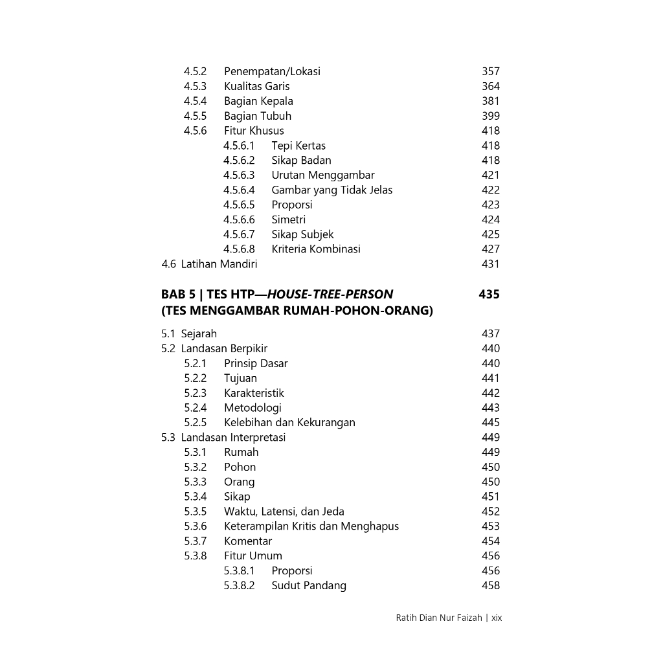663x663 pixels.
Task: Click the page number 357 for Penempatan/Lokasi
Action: click(x=490, y=71)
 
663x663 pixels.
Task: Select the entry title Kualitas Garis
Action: click(x=256, y=86)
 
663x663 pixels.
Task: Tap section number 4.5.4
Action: click(x=195, y=101)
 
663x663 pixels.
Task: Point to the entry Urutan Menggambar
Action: click(x=322, y=175)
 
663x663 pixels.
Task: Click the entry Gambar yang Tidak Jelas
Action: click(x=331, y=190)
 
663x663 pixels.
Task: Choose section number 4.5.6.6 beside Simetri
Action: click(x=239, y=219)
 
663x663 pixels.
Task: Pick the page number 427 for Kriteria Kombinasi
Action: click(x=490, y=249)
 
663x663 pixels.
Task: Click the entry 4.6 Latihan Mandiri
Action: click(x=209, y=264)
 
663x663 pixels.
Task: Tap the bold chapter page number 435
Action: click(x=489, y=295)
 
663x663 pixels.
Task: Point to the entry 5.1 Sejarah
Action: click(x=189, y=333)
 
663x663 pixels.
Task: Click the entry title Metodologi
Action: click(x=253, y=407)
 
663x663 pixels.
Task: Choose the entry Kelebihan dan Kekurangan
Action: click(x=289, y=422)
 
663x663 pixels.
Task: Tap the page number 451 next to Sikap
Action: click(x=490, y=497)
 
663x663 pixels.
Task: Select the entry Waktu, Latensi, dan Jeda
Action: click(x=284, y=511)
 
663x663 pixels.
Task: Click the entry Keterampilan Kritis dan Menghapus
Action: click(x=311, y=526)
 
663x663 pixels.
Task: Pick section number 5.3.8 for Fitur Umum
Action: click(x=195, y=556)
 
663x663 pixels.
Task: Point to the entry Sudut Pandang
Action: click(x=308, y=585)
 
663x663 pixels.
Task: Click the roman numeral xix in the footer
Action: click(x=497, y=618)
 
